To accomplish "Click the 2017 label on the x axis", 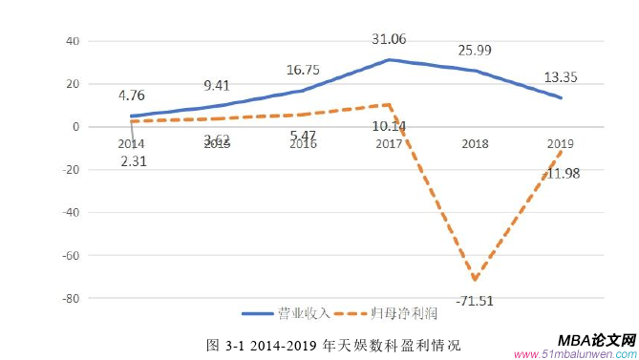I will (389, 144).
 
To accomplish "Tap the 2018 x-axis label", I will (474, 144).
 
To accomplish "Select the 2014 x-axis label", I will (131, 144).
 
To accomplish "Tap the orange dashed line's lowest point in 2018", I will (474, 279).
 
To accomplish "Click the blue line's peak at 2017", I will (388, 60).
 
